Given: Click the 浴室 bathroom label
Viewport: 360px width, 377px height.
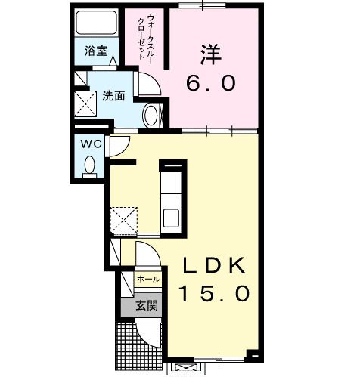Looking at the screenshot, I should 96,51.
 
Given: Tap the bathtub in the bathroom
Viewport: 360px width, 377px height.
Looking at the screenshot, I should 96,24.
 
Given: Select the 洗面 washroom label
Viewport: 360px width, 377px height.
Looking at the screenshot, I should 114,96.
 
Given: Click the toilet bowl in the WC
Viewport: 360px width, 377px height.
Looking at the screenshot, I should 91,164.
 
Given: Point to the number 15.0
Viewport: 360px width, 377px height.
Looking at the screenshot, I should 214,292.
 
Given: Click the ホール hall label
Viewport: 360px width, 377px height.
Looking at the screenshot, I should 147,280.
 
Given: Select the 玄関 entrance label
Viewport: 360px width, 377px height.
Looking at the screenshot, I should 147,306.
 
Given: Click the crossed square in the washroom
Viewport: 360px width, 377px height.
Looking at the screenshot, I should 85,103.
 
